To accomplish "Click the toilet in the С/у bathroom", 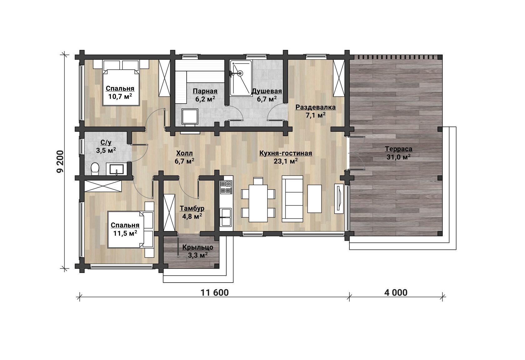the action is pos(95,169).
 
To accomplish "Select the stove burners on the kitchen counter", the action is pos(226,187).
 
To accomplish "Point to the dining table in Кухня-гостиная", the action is pos(258,203).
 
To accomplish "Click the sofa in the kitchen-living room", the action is pos(292,199).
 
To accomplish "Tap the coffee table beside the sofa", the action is pos(314,199).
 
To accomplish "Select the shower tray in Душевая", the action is pos(241,78).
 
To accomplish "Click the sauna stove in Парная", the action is pos(190,116).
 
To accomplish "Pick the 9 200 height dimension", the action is pos(60,162).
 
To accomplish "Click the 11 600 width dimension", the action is pos(215,293).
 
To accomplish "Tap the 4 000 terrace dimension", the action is pos(396,293).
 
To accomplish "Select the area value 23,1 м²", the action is pos(286,161).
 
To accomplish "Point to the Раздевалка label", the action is pos(316,107).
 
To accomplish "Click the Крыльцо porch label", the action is pos(198,247).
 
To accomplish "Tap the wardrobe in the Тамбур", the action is pos(169,213).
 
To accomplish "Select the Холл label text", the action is pos(184,153).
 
